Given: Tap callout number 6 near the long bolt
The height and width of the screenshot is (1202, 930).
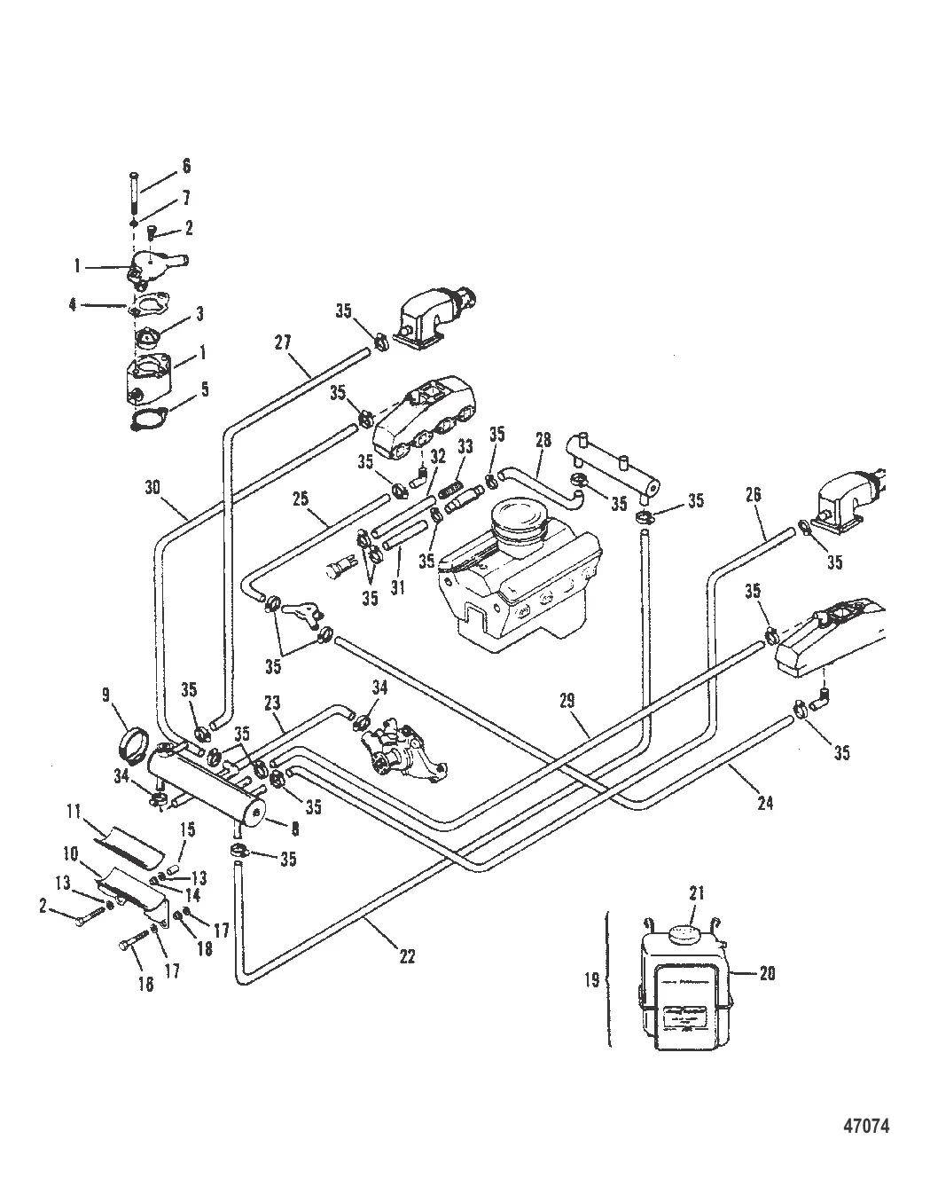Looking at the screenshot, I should [x=186, y=166].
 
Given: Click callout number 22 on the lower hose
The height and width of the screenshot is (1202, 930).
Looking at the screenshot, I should [x=407, y=956].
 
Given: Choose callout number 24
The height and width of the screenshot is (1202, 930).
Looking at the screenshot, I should [x=765, y=803].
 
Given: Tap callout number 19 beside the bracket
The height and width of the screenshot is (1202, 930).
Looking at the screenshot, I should [x=592, y=979].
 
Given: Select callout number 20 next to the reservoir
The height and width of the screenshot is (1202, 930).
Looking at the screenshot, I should [x=768, y=973].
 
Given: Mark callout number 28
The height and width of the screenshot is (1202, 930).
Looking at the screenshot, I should [x=543, y=440].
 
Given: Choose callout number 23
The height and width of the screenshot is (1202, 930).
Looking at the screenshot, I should [x=273, y=703].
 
